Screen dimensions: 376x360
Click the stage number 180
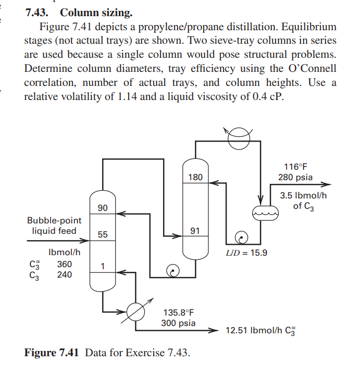tap(195, 177)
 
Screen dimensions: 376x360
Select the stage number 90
tap(103, 208)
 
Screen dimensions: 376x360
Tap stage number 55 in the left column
tap(103, 234)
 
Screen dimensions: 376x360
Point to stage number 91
tap(195, 230)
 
